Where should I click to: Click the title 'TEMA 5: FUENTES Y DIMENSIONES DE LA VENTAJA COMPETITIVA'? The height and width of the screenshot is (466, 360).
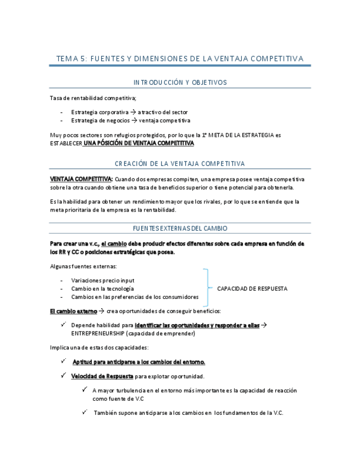tap(180, 58)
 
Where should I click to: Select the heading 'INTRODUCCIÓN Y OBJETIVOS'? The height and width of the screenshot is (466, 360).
tap(180, 82)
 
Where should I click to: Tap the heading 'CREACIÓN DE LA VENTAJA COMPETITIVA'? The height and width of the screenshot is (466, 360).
tap(180, 164)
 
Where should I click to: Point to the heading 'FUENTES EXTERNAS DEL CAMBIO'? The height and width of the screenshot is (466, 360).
tap(180, 228)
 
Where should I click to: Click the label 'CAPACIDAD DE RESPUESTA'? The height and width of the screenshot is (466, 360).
tap(252, 289)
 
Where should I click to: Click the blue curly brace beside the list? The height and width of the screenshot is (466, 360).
tap(207, 288)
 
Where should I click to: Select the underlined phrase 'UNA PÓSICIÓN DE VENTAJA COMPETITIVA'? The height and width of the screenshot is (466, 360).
tap(139, 143)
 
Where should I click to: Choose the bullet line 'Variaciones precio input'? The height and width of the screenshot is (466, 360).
tap(103, 280)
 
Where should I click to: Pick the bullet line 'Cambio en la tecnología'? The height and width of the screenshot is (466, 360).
tap(102, 289)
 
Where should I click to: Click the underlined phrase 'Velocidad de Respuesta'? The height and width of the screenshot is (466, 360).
tap(102, 376)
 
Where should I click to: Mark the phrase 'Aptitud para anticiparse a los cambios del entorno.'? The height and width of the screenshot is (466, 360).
tap(139, 362)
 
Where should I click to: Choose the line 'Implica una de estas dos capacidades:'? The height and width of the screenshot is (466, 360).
tap(99, 347)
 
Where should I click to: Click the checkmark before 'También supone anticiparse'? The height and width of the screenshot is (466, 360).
tap(85, 412)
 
